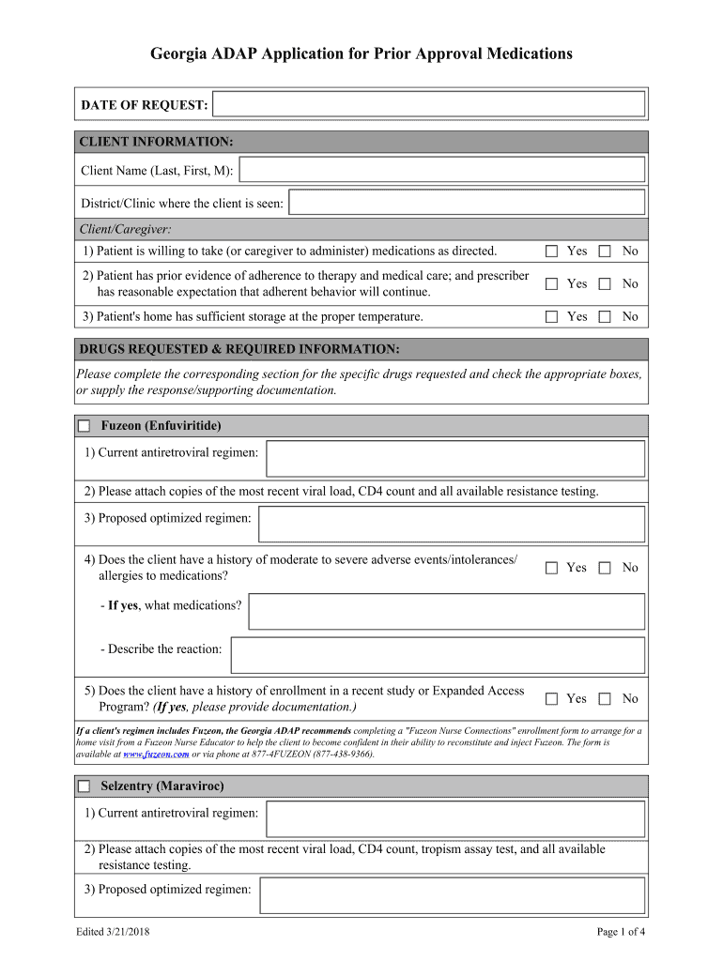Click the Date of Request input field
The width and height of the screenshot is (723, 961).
429,104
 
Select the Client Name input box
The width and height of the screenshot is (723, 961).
442,170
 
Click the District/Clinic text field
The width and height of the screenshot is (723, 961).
467,203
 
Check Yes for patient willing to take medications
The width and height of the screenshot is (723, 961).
552,251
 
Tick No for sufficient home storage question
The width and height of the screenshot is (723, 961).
605,316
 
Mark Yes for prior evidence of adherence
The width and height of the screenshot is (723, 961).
552,283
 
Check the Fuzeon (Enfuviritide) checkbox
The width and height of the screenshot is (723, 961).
85,426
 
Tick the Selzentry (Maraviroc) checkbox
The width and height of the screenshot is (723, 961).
85,786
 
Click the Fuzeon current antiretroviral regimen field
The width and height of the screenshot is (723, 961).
455,459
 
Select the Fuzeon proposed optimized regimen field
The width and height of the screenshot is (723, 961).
452,525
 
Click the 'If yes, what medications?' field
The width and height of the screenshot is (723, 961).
446,611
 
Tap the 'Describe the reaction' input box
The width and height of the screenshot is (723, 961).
438,655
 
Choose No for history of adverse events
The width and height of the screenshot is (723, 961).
605,567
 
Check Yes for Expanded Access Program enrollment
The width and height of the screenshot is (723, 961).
552,698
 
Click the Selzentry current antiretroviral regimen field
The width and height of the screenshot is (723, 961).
455,818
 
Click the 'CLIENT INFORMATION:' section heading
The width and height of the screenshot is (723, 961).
156,142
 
